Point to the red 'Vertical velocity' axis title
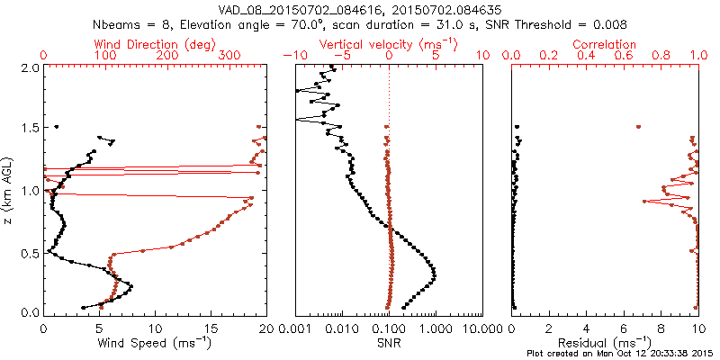[x=388, y=44]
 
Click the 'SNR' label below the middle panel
[x=388, y=342]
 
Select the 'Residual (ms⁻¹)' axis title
[x=606, y=342]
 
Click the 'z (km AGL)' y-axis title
[x=9, y=189]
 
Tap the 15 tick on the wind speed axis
[x=211, y=328]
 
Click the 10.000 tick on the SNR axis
[x=482, y=328]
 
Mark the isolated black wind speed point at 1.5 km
[x=56, y=127]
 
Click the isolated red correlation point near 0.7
[x=638, y=127]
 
